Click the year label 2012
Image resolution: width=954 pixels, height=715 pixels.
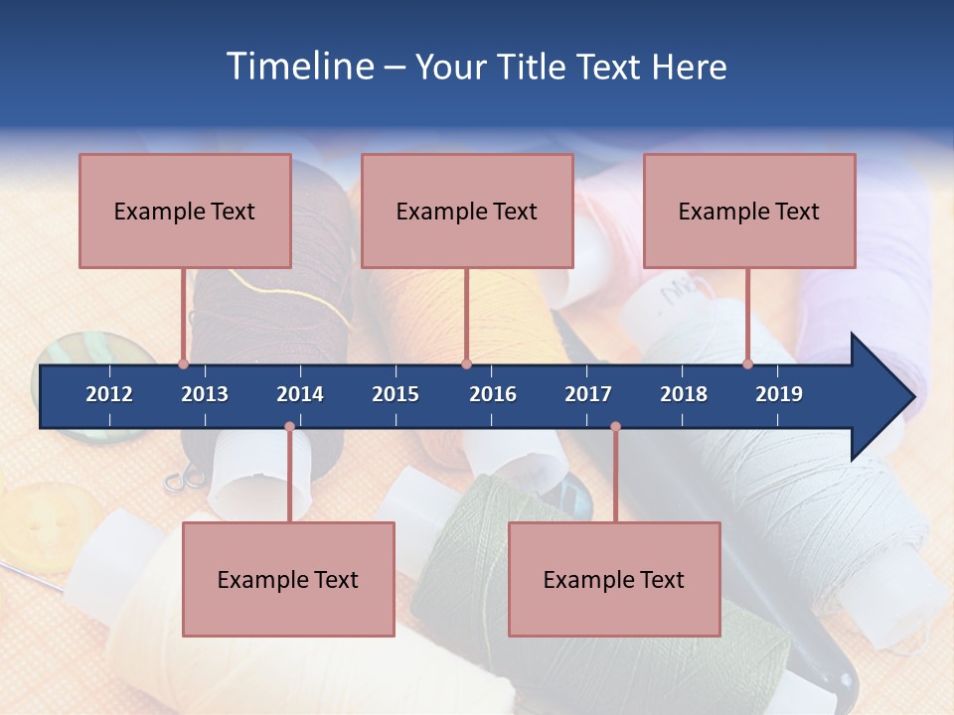(x=109, y=394)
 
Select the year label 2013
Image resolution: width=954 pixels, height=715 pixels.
(x=205, y=394)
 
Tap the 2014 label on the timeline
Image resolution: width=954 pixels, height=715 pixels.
(x=300, y=394)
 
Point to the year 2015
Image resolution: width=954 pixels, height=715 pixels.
(x=396, y=394)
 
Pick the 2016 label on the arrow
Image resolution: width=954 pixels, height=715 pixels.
(x=493, y=394)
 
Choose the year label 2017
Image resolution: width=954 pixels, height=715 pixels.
(x=588, y=394)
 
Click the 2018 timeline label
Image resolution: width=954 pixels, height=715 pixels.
(x=684, y=394)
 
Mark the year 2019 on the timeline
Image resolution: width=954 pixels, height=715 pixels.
(x=779, y=394)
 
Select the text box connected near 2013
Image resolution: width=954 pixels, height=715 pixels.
(x=185, y=211)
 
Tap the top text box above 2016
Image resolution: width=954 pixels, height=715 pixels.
(x=467, y=211)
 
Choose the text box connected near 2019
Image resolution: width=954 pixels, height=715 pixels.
(x=749, y=211)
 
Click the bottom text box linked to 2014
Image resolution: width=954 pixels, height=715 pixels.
(x=288, y=579)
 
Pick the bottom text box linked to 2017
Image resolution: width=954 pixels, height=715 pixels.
(x=614, y=579)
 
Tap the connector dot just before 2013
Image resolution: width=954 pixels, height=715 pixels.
(x=183, y=364)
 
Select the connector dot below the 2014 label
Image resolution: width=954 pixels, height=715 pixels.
(x=289, y=427)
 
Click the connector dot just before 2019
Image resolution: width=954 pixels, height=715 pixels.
(x=748, y=364)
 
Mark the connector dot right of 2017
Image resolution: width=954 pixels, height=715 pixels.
(x=615, y=427)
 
